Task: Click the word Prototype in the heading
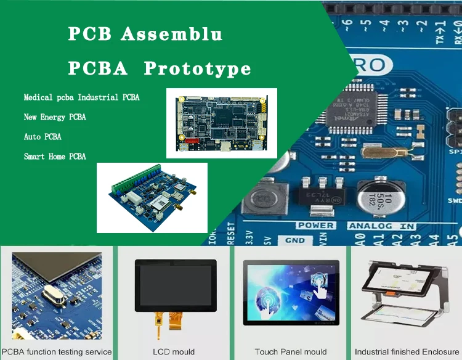coord(197,68)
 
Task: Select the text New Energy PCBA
coord(55,117)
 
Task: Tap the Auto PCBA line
coord(43,137)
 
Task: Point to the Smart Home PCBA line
coord(55,157)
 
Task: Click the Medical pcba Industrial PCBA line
coord(81,97)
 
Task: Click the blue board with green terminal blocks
coord(152,197)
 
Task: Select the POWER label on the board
coord(315,226)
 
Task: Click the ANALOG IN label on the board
coord(382,226)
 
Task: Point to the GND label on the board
coord(295,240)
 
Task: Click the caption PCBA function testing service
coord(57,352)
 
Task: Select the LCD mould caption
coord(174,352)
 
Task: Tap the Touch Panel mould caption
coord(290,352)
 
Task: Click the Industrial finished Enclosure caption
coord(407,352)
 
